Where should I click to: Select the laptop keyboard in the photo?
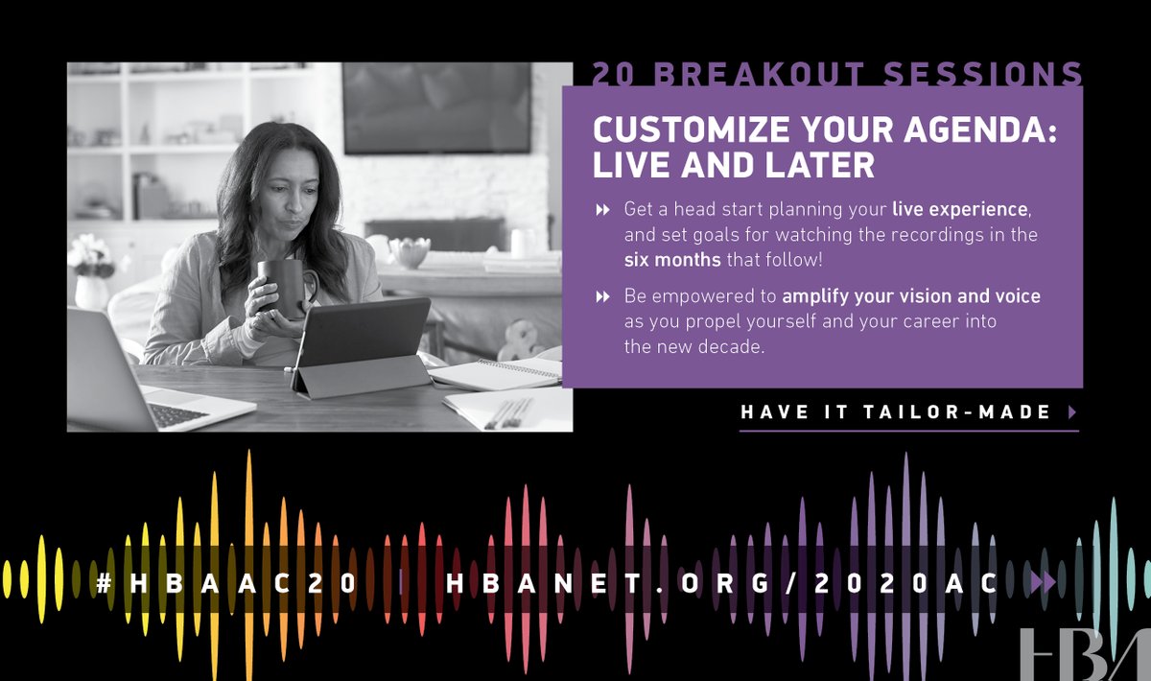[177, 414]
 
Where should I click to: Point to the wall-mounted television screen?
[436, 107]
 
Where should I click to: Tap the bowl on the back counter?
[410, 252]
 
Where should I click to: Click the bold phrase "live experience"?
[960, 208]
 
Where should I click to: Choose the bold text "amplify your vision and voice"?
[910, 296]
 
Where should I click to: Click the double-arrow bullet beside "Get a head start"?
[602, 209]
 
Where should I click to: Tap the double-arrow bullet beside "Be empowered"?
[602, 297]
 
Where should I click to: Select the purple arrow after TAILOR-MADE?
[1071, 412]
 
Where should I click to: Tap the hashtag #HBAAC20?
[227, 582]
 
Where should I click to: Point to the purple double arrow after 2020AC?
[1043, 582]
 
